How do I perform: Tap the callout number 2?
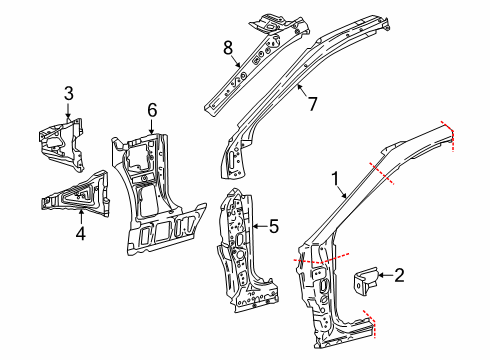(399, 275)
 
